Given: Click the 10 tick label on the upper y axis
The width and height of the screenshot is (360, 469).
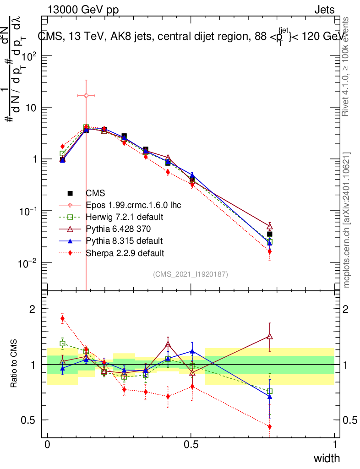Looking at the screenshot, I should click(x=30, y=108).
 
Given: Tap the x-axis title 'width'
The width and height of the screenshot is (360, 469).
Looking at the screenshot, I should click(x=327, y=458).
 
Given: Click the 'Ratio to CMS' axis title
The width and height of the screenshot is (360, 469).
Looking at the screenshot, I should click(x=14, y=364).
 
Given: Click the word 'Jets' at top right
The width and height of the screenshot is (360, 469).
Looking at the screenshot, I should click(x=324, y=10).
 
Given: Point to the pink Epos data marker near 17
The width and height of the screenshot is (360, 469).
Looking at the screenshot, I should click(x=86, y=95).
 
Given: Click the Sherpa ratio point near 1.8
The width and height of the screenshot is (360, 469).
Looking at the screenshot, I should click(x=62, y=318).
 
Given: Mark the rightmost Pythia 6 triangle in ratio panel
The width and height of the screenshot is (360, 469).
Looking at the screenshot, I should click(x=270, y=337).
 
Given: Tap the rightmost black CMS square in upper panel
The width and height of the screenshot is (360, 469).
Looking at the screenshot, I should click(x=270, y=234).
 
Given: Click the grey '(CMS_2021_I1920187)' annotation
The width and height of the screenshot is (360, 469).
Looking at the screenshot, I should click(x=191, y=274).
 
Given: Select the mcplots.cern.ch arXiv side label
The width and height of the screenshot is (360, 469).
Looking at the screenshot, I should click(x=347, y=220).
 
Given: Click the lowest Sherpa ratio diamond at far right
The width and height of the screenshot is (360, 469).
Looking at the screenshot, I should click(x=270, y=426).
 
